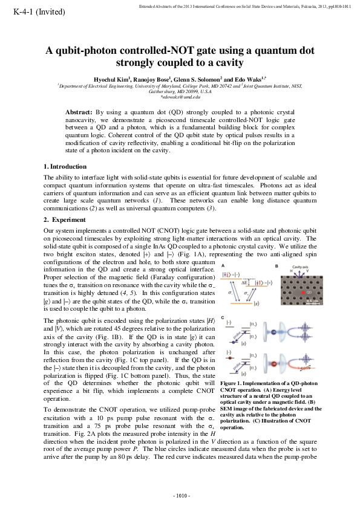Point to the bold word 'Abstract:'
point(79,112)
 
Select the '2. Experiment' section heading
point(64,219)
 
